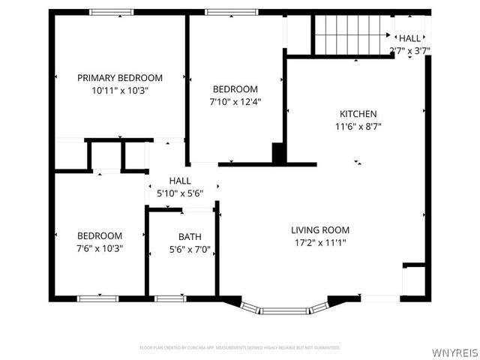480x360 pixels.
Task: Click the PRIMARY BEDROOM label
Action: coord(120,77)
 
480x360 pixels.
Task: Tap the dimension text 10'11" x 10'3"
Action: coord(120,90)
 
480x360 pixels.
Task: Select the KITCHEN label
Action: coord(357,114)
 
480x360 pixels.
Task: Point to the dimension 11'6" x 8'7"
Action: coord(357,127)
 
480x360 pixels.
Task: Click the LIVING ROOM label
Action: coord(320,230)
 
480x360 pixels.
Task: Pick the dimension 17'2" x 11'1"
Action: coord(320,242)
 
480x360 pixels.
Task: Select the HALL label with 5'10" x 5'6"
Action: coord(180,181)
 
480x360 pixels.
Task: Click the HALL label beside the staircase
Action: coord(409,38)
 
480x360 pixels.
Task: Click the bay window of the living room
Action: coord(284,307)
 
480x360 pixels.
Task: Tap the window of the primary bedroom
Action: coord(111,12)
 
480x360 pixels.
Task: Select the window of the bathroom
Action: coord(169,298)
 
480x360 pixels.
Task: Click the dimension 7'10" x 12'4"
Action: coord(235,101)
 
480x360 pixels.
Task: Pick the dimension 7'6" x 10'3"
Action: coord(99,247)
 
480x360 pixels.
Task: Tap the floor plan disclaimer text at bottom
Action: coord(240,348)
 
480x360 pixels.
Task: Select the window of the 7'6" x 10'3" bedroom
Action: coord(97,298)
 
